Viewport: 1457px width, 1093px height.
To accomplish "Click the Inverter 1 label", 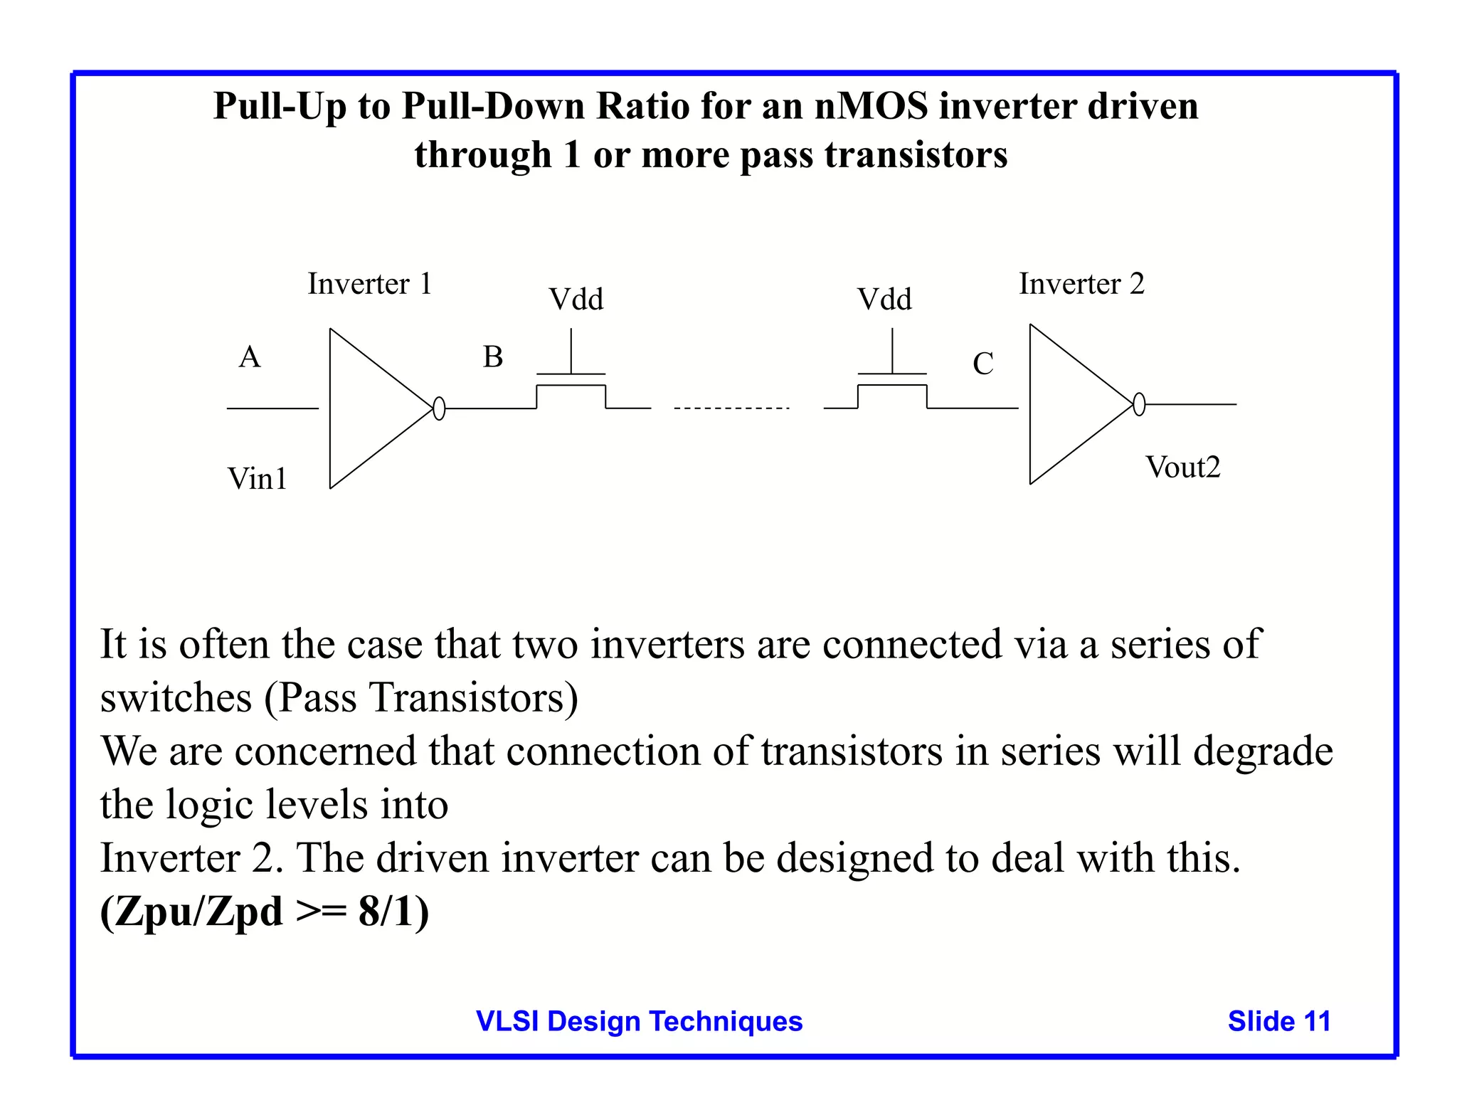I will click(x=369, y=284).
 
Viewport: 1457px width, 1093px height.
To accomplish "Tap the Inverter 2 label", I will click(x=1081, y=284).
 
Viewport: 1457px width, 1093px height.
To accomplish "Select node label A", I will click(x=250, y=357).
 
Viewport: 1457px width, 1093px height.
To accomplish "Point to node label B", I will click(x=493, y=357).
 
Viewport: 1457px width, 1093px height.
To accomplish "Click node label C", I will click(x=983, y=364).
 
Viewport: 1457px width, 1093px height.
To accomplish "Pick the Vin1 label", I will click(x=258, y=479).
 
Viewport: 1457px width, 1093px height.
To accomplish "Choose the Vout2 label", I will click(x=1183, y=468).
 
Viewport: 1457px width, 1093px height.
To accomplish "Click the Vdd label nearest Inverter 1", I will click(x=576, y=300).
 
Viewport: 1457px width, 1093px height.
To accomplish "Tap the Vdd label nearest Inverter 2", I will click(x=884, y=300).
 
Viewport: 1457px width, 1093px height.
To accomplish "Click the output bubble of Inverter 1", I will click(x=439, y=408).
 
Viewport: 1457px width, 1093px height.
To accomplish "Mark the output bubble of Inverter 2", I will click(x=1139, y=404).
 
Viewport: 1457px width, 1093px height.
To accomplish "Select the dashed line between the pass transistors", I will click(x=731, y=408).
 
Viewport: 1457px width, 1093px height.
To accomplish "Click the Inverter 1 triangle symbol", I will click(x=370, y=408).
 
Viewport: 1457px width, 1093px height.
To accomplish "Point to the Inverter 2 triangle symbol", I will click(x=1071, y=404).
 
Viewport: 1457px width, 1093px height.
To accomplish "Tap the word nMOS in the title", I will click(x=871, y=107).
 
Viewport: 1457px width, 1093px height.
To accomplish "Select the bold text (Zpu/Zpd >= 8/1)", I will click(x=265, y=912).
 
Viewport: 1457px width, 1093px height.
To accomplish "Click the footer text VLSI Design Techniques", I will click(x=639, y=1021).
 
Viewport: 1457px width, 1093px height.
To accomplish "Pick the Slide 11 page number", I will click(x=1278, y=1021).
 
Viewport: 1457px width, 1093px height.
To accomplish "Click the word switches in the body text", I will click(x=176, y=698).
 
